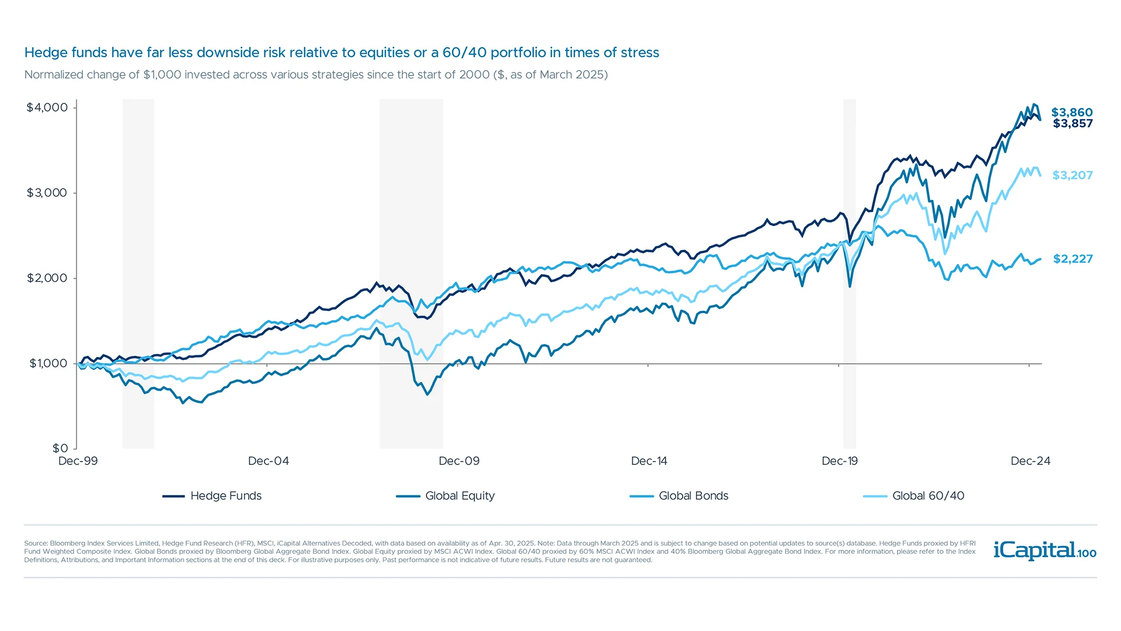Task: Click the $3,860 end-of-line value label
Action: coord(1071,112)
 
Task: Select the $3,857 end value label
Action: coord(1073,123)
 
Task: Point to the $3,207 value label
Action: coord(1072,175)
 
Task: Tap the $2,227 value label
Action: coord(1073,259)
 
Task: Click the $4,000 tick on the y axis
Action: coord(47,108)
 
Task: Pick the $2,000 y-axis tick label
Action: coord(47,278)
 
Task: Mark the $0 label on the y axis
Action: coord(60,448)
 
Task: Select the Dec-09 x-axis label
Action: coord(459,461)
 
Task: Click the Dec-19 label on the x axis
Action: coord(840,461)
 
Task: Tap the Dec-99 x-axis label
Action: coord(78,461)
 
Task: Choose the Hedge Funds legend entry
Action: coord(225,496)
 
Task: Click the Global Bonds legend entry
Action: coord(693,496)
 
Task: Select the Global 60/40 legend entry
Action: coord(928,496)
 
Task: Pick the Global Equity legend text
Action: coord(459,496)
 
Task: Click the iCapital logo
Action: coord(1044,550)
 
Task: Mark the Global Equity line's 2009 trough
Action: coord(427,394)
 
